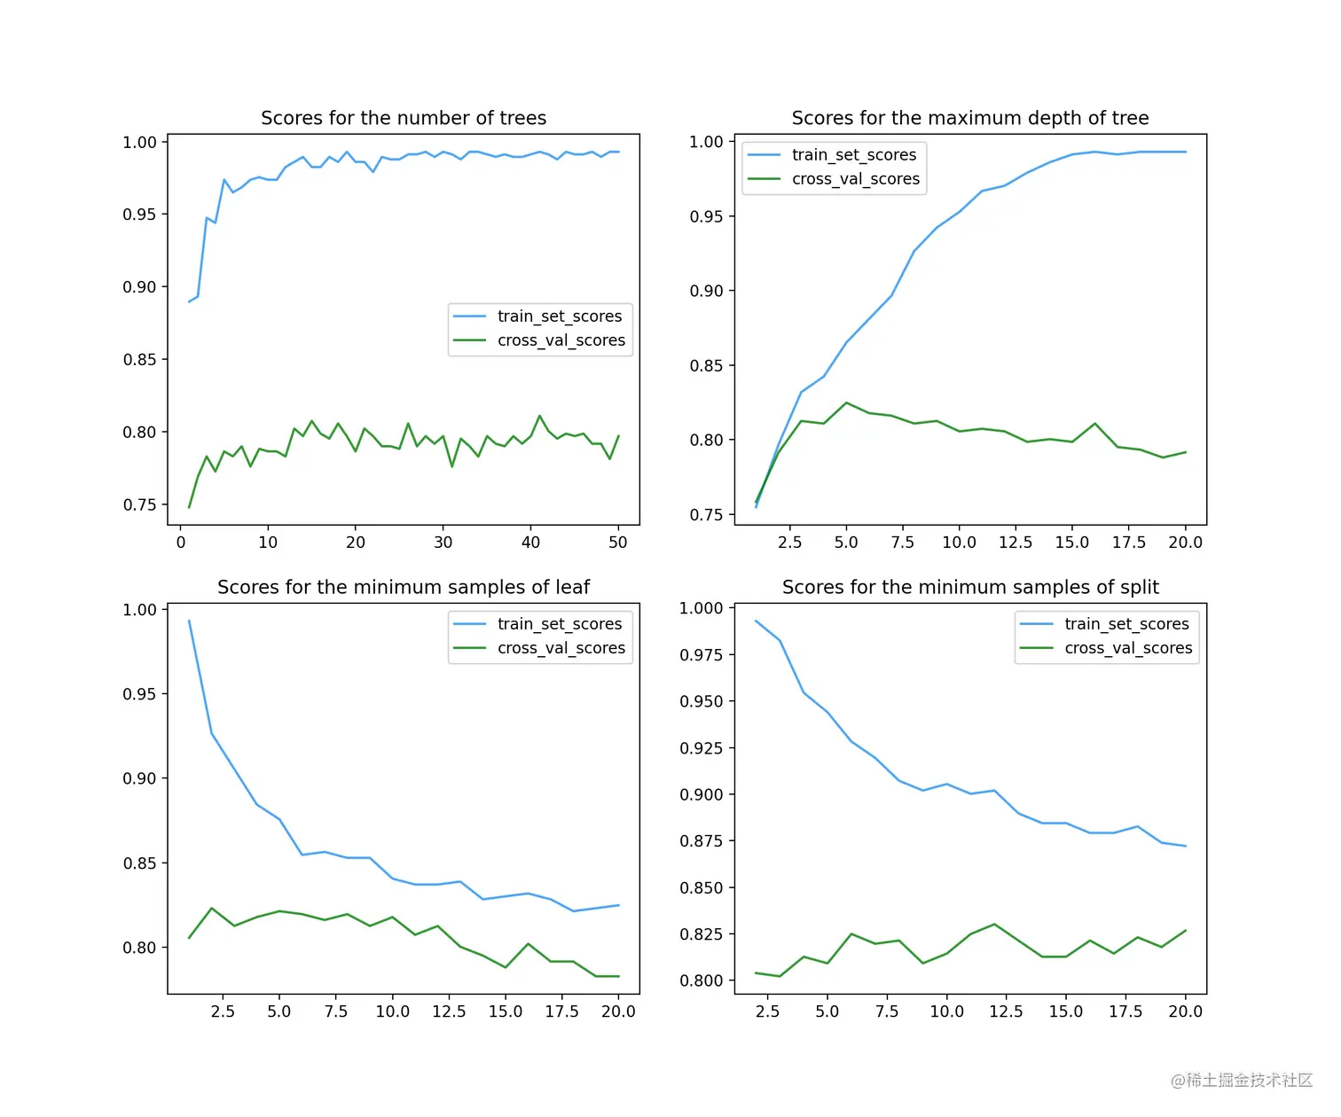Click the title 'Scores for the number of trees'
tap(404, 118)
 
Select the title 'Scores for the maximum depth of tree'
tap(969, 118)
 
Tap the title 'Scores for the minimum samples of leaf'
tap(404, 587)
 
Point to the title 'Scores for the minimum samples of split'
tap(970, 587)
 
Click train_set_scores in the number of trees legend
tap(559, 316)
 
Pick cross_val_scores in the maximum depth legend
tap(855, 179)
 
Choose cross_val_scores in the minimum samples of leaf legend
tap(561, 648)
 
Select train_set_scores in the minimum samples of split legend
tap(1126, 624)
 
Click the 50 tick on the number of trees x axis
tap(618, 543)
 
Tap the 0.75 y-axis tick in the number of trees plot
tap(139, 505)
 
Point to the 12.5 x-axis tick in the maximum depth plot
tap(1016, 543)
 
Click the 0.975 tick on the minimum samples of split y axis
tap(702, 655)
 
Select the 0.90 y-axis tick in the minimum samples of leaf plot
tap(139, 778)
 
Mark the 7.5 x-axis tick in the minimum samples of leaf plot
tap(336, 1012)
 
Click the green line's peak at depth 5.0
tap(847, 402)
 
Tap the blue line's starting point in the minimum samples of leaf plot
tap(189, 621)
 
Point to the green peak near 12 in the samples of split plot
tap(994, 925)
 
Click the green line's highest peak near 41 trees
tap(539, 415)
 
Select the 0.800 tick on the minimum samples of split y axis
tap(702, 980)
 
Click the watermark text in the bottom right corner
tap(1241, 1080)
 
